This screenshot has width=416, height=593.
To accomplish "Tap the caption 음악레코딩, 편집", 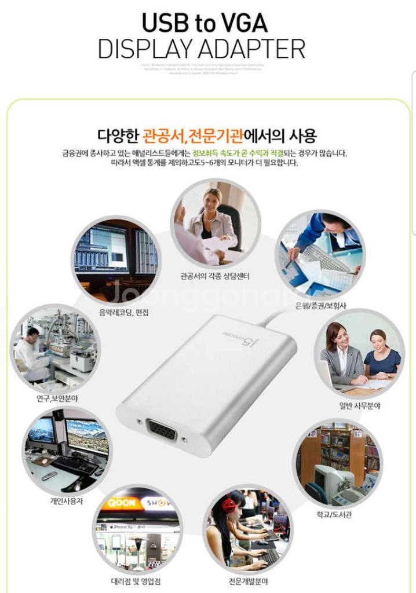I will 123,312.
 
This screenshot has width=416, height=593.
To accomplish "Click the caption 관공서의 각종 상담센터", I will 215,277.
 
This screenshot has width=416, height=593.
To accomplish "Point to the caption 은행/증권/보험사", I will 320,305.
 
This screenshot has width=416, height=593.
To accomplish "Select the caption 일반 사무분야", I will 360,406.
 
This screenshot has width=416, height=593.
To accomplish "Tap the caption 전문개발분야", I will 248,581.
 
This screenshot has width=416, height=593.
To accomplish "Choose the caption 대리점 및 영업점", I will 136,581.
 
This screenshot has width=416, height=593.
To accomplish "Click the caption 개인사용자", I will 66,501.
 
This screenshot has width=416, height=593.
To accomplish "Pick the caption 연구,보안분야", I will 55,398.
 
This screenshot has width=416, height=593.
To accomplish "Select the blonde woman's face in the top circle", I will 212,198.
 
